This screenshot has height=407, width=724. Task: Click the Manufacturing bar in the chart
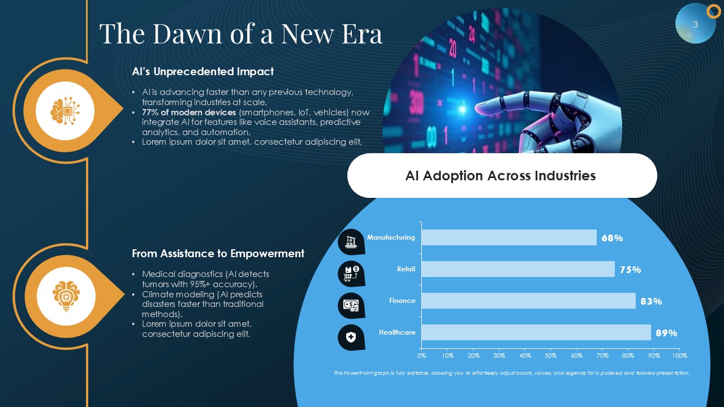click(x=509, y=237)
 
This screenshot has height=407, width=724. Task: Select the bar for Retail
click(x=518, y=269)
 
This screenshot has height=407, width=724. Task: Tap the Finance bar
click(x=528, y=301)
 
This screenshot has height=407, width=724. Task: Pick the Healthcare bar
click(x=536, y=332)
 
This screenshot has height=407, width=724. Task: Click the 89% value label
click(x=666, y=333)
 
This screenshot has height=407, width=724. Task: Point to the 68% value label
click(x=612, y=238)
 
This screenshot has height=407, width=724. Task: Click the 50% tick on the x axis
click(x=550, y=356)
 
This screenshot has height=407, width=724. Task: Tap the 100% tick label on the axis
click(x=680, y=356)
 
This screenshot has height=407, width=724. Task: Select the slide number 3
click(x=696, y=24)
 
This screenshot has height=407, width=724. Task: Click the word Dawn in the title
click(x=187, y=33)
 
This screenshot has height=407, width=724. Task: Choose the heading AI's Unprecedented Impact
click(x=202, y=71)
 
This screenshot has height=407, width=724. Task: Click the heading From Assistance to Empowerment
click(x=218, y=254)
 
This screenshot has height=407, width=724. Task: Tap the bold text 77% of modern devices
click(x=189, y=112)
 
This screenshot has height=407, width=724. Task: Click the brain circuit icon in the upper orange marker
click(x=65, y=111)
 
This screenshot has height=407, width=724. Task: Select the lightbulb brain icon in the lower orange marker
click(x=66, y=296)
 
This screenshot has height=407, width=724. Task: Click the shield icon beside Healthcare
click(x=351, y=337)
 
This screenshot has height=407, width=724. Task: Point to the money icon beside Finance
click(x=351, y=306)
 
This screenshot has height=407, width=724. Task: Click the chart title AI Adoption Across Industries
click(x=501, y=176)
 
